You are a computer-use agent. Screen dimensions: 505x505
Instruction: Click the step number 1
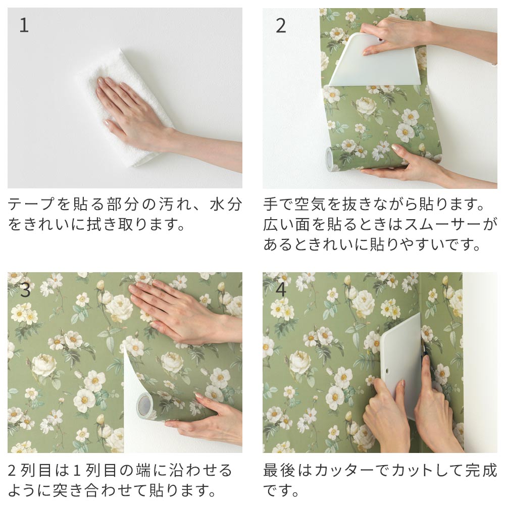click(x=24, y=26)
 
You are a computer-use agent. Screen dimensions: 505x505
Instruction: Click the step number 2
click(x=281, y=26)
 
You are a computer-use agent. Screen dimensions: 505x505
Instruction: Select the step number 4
click(x=281, y=290)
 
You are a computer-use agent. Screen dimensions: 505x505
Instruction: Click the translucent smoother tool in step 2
click(x=374, y=63)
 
